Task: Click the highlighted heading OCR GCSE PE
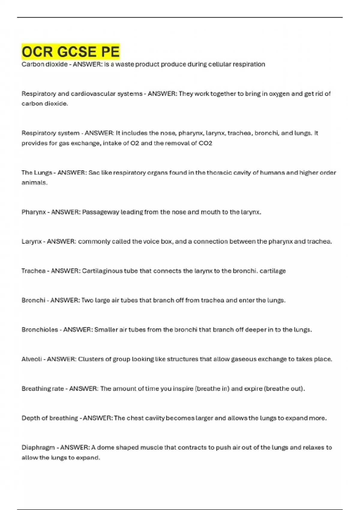pyautogui.click(x=70, y=52)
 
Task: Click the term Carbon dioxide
pyautogui.click(x=44, y=64)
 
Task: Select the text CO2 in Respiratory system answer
pyautogui.click(x=205, y=143)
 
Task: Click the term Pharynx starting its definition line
pyautogui.click(x=34, y=212)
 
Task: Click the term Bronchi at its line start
pyautogui.click(x=33, y=300)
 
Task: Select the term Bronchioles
pyautogui.click(x=40, y=330)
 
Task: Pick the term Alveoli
pyautogui.click(x=31, y=359)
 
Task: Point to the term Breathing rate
pyautogui.click(x=43, y=388)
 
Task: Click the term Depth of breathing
pyautogui.click(x=49, y=418)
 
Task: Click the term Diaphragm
pyautogui.click(x=38, y=447)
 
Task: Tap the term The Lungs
pyautogui.click(x=37, y=172)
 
